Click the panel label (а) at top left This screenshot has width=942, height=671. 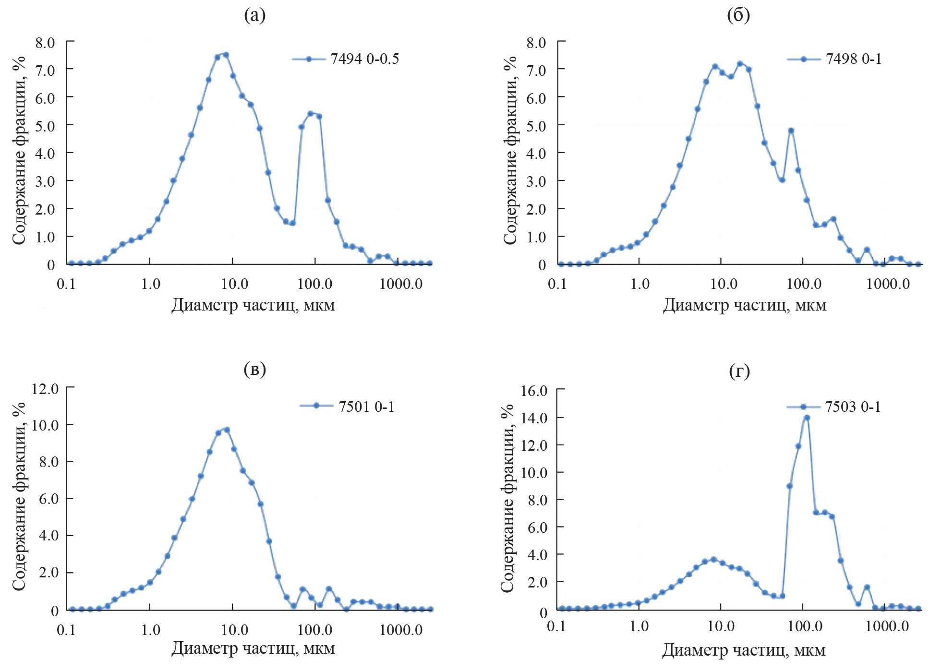pyautogui.click(x=254, y=15)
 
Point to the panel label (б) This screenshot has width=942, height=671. pyautogui.click(x=738, y=15)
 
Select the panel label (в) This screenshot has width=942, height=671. pyautogui.click(x=254, y=369)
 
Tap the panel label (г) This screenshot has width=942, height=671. pyautogui.click(x=739, y=371)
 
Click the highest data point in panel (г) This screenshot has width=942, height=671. pyautogui.click(x=807, y=418)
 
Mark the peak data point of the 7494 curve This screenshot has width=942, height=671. pyautogui.click(x=226, y=55)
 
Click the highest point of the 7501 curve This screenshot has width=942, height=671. pyautogui.click(x=227, y=430)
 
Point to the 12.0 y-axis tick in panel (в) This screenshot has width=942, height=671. pyautogui.click(x=45, y=388)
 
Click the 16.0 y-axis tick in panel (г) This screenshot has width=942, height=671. pyautogui.click(x=534, y=390)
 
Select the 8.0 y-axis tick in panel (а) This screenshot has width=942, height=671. pyautogui.click(x=45, y=43)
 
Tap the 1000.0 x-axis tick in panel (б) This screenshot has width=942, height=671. pyautogui.click(x=888, y=284)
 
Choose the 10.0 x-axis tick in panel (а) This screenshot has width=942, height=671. pyautogui.click(x=234, y=284)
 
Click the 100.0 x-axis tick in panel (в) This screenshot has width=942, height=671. pyautogui.click(x=315, y=630)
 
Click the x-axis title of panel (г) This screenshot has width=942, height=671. pyautogui.click(x=743, y=650)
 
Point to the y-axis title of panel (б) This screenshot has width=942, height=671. pyautogui.click(x=510, y=150)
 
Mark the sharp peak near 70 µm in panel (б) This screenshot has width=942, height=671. pyautogui.click(x=791, y=131)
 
